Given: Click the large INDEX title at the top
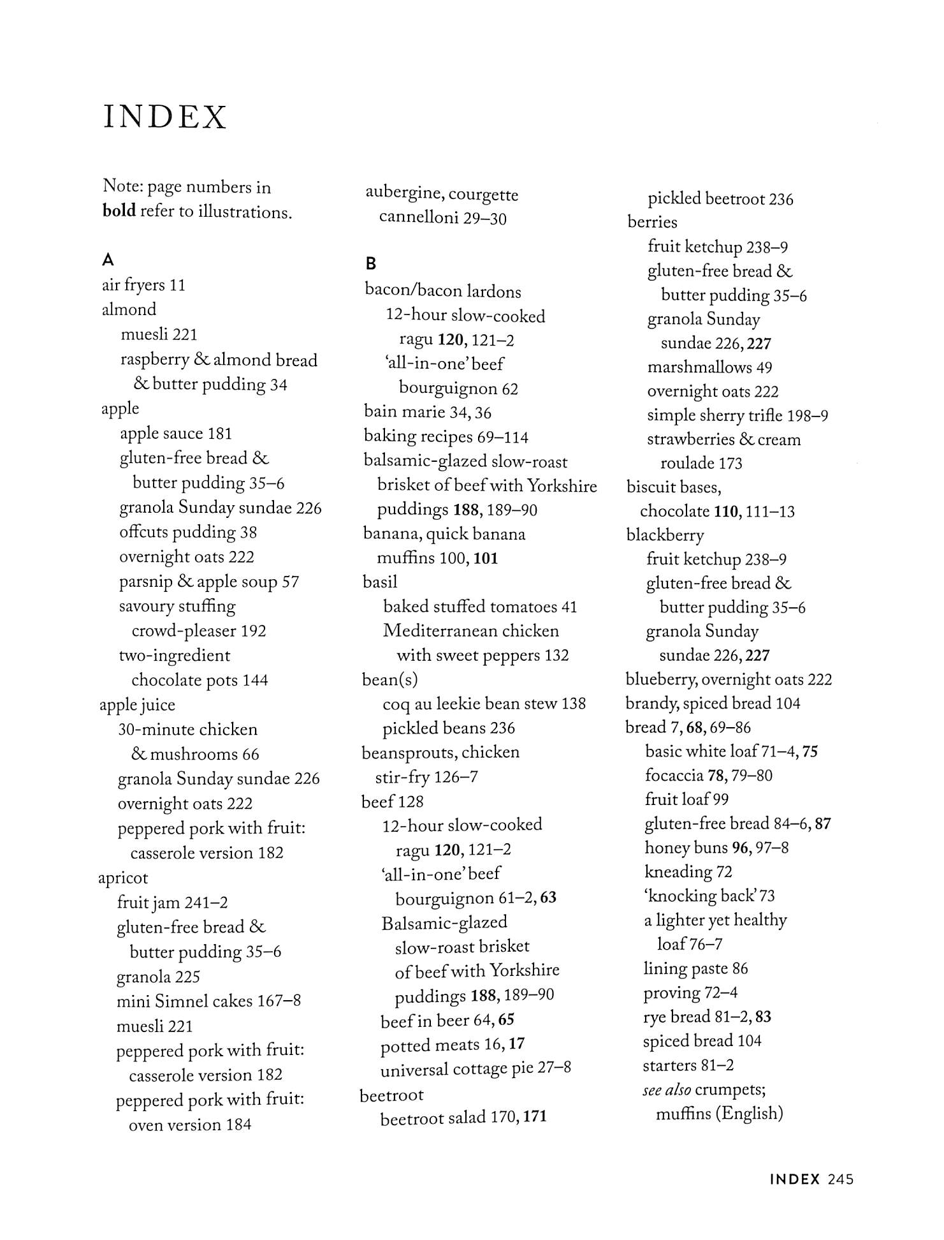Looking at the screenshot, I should coord(164,117).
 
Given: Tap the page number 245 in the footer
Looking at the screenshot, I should coord(841,1179).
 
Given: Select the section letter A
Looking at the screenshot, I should coord(108,260).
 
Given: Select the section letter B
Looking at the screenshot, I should coord(371,263).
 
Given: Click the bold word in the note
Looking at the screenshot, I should coord(119,211).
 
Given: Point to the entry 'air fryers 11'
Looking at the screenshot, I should coord(143,285).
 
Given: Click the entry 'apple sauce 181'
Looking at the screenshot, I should coord(176,434).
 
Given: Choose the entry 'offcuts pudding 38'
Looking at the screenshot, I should coord(188,533).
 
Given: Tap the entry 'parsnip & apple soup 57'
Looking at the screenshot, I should coord(209,582).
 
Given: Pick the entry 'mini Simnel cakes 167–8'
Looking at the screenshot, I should coord(208,1001).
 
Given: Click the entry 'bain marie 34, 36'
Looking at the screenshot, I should coord(427,413).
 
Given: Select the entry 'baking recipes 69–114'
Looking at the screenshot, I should coord(446,437).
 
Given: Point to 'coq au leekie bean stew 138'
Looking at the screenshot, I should coord(484,704).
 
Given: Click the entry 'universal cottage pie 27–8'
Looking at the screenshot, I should coord(475,1069).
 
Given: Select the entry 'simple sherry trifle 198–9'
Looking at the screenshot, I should coord(737,415).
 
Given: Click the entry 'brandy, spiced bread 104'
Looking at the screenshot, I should coord(713,704).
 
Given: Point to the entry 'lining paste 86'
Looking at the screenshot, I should coord(695,969).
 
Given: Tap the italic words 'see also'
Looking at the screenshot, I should coord(667,1090).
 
